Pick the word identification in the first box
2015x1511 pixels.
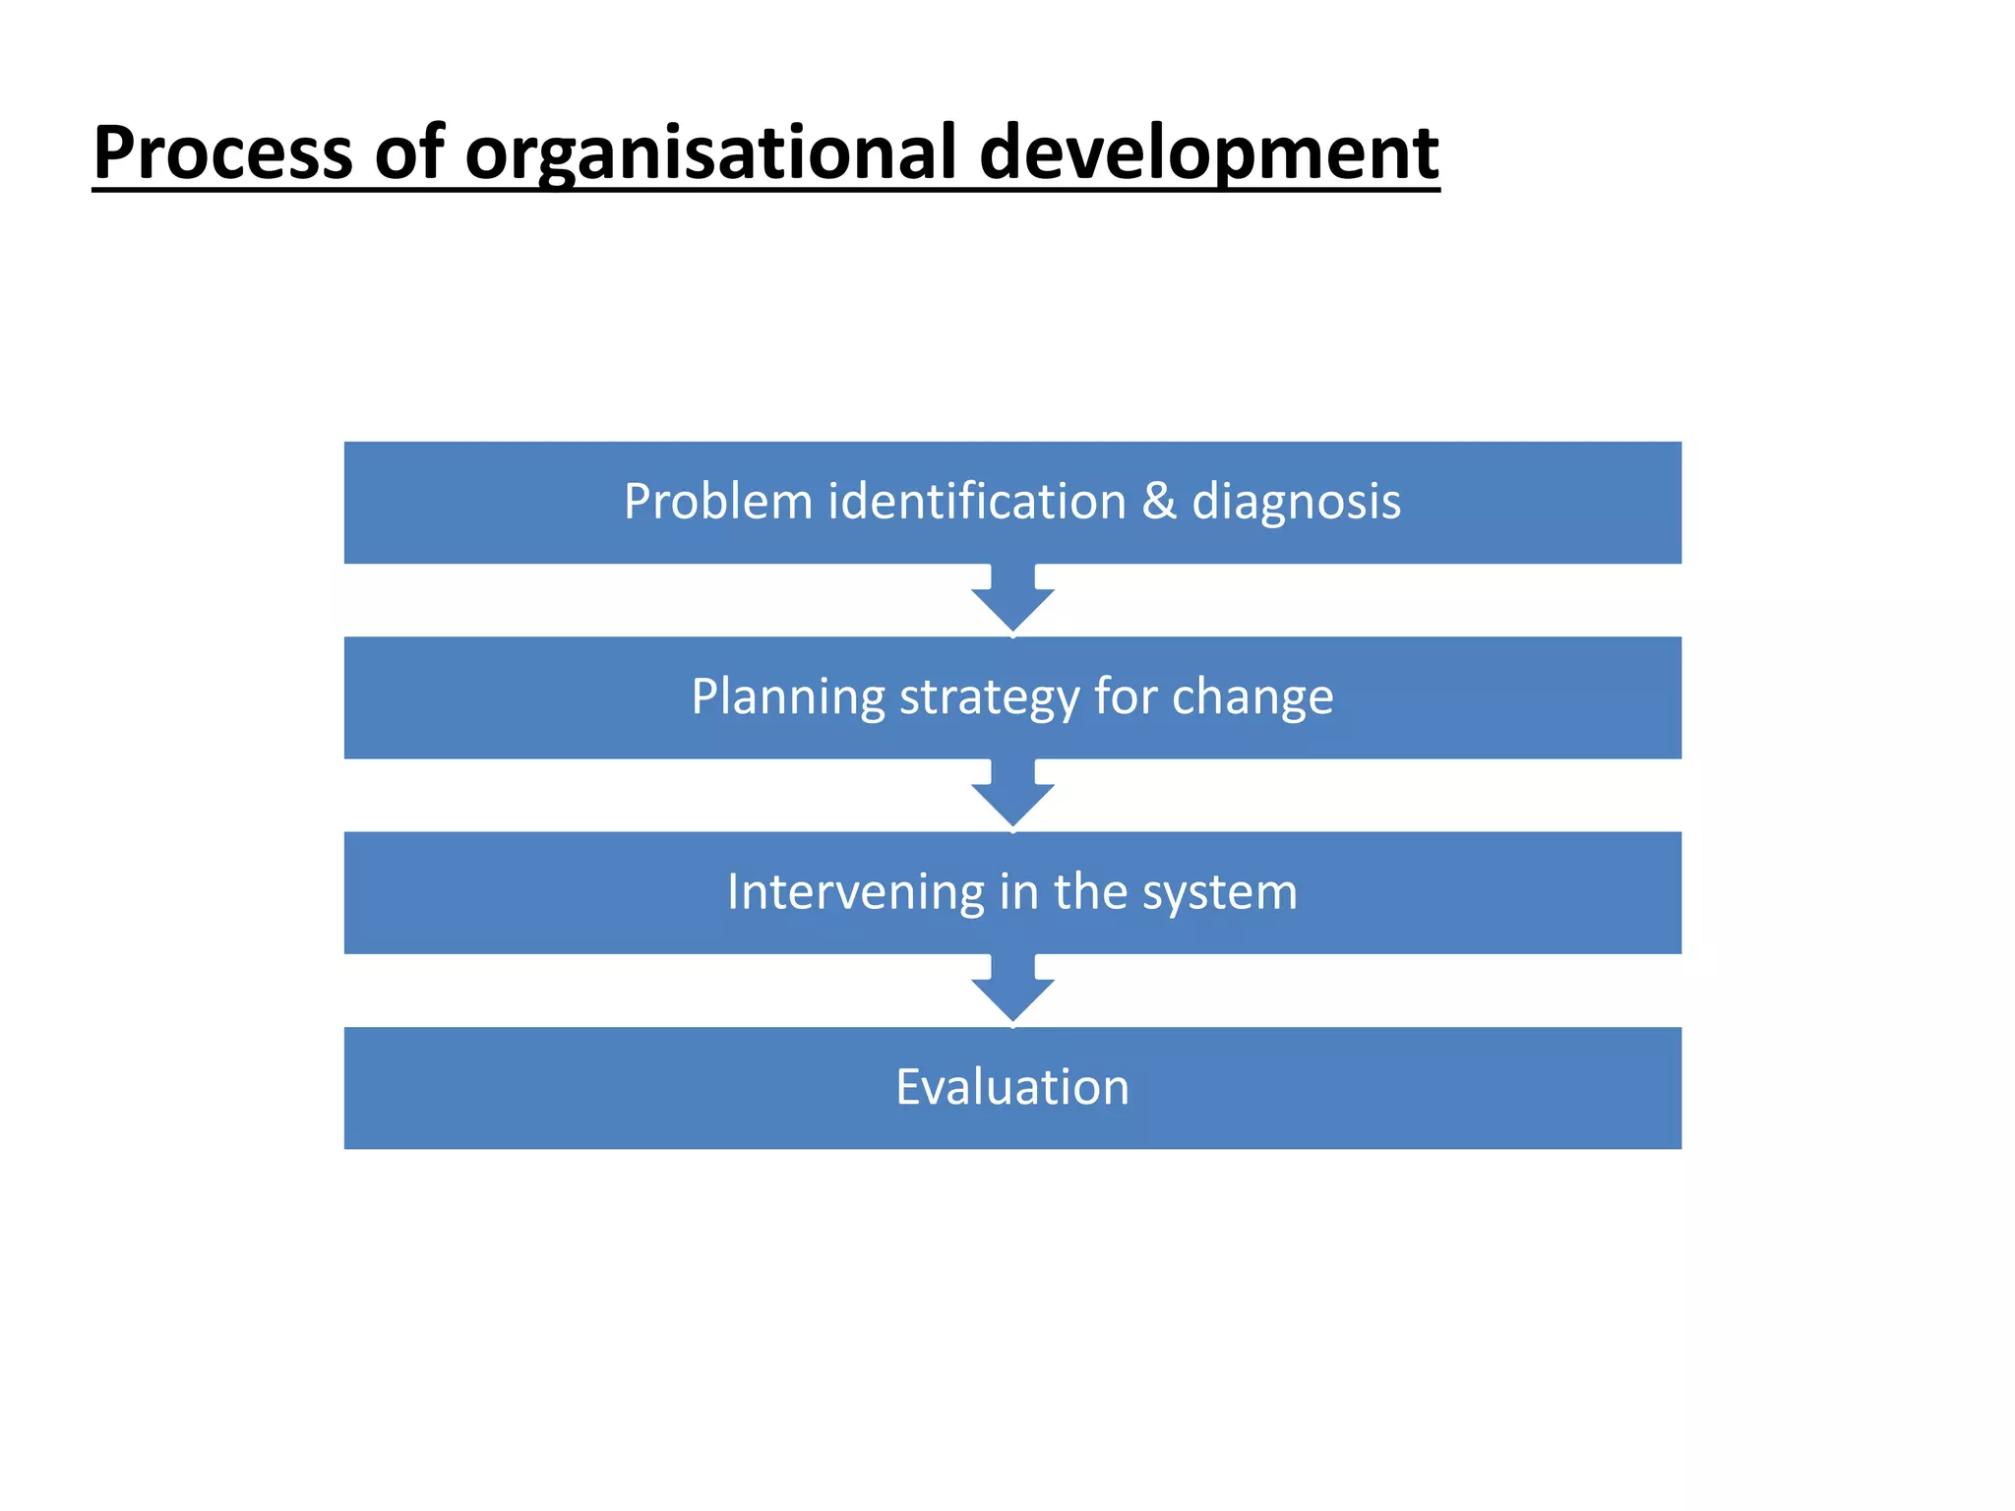pyautogui.click(x=977, y=502)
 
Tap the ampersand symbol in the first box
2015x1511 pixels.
pyautogui.click(x=1159, y=502)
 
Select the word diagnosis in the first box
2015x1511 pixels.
pyautogui.click(x=1296, y=502)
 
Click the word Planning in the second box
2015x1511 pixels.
pyautogui.click(x=788, y=697)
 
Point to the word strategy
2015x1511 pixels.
pyautogui.click(x=990, y=697)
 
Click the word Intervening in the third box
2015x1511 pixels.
pyautogui.click(x=855, y=892)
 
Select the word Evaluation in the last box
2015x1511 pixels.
pyautogui.click(x=1012, y=1087)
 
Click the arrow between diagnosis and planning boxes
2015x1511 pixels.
pyautogui.click(x=1012, y=599)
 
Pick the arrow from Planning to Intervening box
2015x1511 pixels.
pyautogui.click(x=1012, y=794)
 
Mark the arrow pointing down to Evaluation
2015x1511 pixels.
pyautogui.click(x=1012, y=989)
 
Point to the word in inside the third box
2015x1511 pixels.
pyautogui.click(x=1018, y=892)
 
